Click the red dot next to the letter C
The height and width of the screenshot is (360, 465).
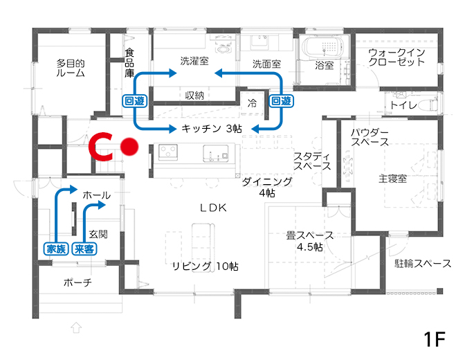point(129,147)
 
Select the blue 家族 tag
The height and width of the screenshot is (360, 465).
point(56,249)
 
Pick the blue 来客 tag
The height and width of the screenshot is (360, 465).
point(84,249)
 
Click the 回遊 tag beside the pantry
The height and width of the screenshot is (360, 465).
point(135,101)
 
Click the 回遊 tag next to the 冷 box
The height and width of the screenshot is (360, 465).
point(281,101)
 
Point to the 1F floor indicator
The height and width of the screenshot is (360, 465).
point(435,339)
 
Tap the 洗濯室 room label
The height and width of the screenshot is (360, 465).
point(194,61)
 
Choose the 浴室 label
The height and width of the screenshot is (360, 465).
point(325,65)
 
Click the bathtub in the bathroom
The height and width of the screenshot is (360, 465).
point(325,46)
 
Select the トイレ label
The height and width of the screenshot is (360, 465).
point(403,105)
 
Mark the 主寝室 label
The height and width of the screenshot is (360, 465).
point(392,179)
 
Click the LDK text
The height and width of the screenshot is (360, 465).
point(214,208)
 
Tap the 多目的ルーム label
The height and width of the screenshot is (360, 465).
point(71,68)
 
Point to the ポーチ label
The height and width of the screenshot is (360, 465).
point(77,282)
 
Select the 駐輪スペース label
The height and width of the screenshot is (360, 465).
point(423,263)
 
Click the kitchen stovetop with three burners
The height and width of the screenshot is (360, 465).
point(168,152)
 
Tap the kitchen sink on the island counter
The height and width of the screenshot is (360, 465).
point(216,153)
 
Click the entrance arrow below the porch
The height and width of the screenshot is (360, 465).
point(76,327)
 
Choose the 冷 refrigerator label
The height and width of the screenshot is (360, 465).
point(252,103)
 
